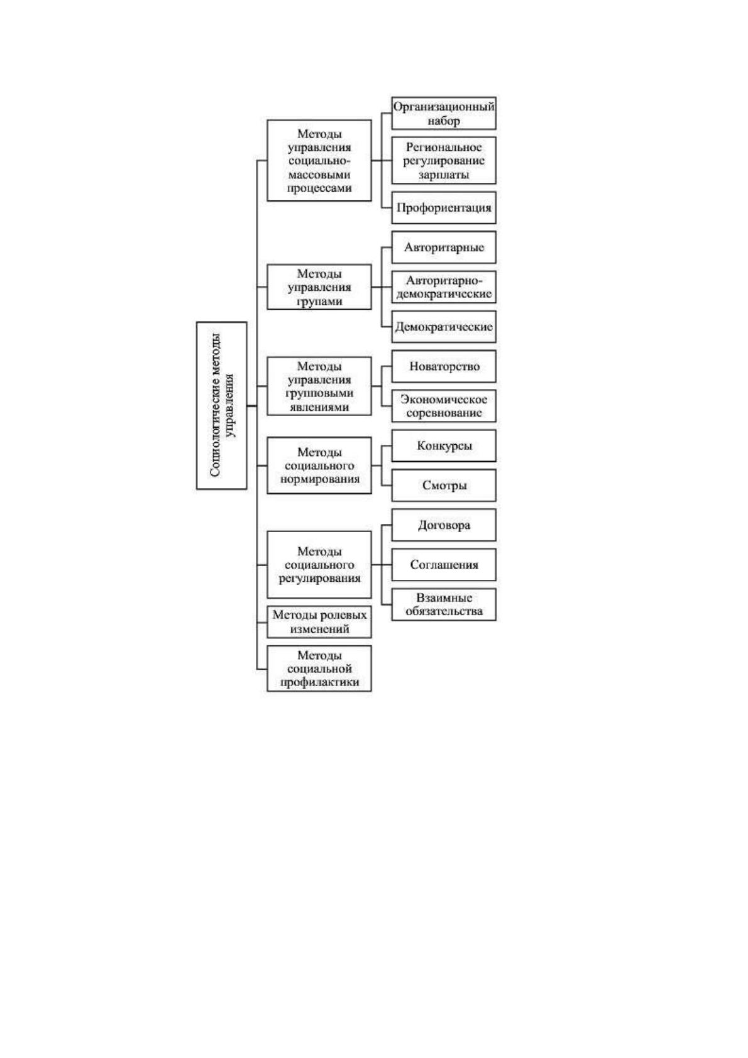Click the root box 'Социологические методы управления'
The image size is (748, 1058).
tap(221, 405)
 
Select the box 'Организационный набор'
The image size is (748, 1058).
tap(444, 113)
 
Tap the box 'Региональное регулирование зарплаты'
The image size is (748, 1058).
tap(444, 161)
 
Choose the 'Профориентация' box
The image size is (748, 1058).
tap(444, 207)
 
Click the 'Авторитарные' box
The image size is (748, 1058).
tap(444, 247)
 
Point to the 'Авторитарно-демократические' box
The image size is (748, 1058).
tap(444, 286)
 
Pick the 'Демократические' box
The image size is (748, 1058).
tap(444, 326)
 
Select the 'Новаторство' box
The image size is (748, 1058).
tap(444, 366)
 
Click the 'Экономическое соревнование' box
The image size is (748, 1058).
tap(444, 406)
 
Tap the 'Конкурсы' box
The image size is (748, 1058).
tap(444, 445)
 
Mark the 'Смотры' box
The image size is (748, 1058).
tap(444, 485)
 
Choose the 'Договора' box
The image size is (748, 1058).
tap(444, 525)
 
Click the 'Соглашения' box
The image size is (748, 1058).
tap(444, 564)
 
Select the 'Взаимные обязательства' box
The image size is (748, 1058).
tap(444, 604)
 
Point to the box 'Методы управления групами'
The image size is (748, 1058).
tap(319, 286)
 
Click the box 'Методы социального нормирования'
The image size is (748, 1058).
tap(319, 466)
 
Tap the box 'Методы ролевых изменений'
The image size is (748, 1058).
tap(319, 621)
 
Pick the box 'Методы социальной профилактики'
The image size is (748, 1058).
tap(319, 668)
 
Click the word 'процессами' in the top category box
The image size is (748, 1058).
tap(319, 188)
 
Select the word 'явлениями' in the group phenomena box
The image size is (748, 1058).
tap(319, 406)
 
